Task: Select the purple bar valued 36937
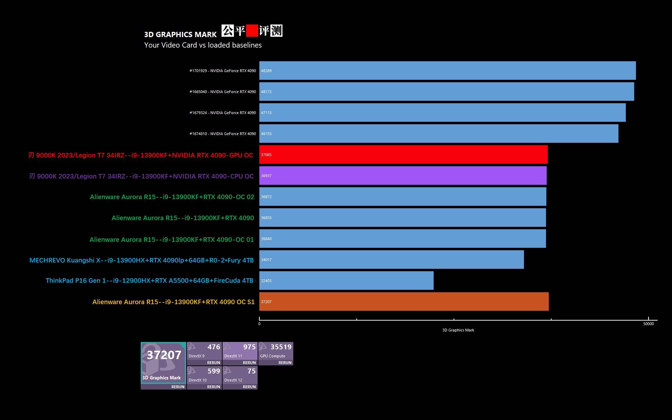(x=402, y=175)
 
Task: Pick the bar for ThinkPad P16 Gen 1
(x=346, y=280)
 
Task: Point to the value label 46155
(x=266, y=134)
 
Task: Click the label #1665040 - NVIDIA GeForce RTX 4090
(x=223, y=92)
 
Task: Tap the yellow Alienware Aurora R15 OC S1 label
(x=173, y=302)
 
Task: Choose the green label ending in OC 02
(x=172, y=197)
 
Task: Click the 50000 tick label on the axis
(x=648, y=324)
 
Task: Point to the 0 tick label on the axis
(x=259, y=324)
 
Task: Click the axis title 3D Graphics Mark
(x=458, y=330)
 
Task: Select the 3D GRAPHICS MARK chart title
(x=180, y=34)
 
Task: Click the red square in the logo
(x=252, y=31)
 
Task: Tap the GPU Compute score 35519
(x=281, y=347)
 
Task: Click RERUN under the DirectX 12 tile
(x=249, y=387)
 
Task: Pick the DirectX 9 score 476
(x=213, y=347)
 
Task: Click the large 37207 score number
(x=164, y=355)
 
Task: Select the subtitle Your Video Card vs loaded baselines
(x=203, y=45)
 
